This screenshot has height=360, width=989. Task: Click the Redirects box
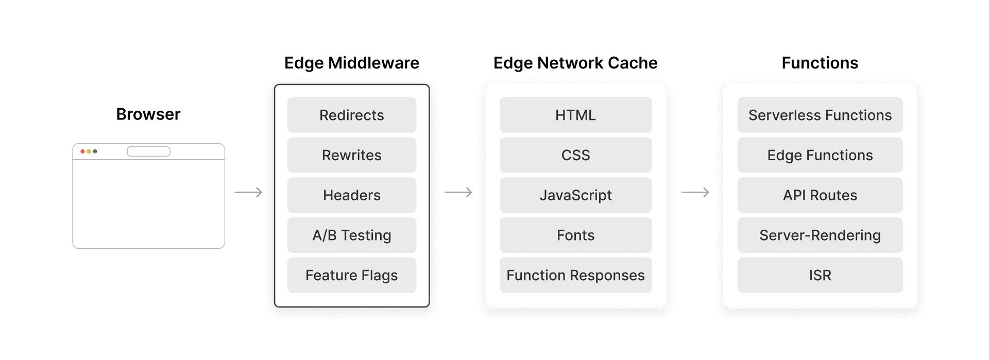click(352, 115)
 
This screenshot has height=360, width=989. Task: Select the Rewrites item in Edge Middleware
click(352, 155)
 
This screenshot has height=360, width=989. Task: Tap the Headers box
click(352, 195)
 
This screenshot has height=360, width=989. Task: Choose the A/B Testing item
click(352, 235)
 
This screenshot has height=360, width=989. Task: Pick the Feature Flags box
click(352, 276)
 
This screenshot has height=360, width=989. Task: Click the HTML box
click(575, 115)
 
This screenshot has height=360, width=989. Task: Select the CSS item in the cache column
click(575, 155)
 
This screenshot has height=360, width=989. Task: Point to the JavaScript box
click(575, 195)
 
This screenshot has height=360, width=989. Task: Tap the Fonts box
click(575, 235)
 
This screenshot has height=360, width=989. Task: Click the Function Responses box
click(575, 276)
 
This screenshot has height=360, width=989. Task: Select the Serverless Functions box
click(820, 115)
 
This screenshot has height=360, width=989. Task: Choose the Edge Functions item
click(820, 155)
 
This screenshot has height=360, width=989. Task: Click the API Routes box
click(820, 195)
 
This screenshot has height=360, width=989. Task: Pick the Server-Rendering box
click(820, 235)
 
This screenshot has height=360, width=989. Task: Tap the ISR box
click(820, 276)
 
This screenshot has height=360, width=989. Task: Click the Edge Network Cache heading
click(575, 63)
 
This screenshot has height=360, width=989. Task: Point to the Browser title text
click(148, 114)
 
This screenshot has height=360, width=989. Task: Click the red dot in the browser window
click(82, 151)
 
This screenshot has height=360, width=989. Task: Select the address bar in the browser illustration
click(148, 151)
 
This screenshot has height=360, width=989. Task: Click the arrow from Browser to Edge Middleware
click(249, 193)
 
